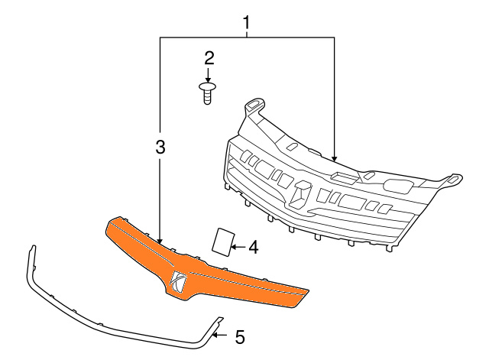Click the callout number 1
pyautogui.click(x=246, y=22)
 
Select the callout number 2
pyautogui.click(x=209, y=58)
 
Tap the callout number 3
pyautogui.click(x=160, y=147)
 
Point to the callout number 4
pyautogui.click(x=253, y=247)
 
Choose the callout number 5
pyautogui.click(x=240, y=338)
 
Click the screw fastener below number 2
pyautogui.click(x=208, y=93)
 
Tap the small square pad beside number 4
pyautogui.click(x=222, y=240)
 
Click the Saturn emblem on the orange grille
pyautogui.click(x=178, y=282)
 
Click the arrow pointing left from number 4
pyautogui.click(x=239, y=248)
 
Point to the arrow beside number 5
pyautogui.click(x=220, y=336)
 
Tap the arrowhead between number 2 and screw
pyautogui.click(x=208, y=79)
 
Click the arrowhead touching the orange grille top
pyautogui.click(x=160, y=240)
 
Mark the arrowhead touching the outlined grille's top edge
pyautogui.click(x=335, y=158)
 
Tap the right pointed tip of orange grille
pyautogui.click(x=309, y=291)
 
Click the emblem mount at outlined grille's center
pyautogui.click(x=300, y=194)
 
